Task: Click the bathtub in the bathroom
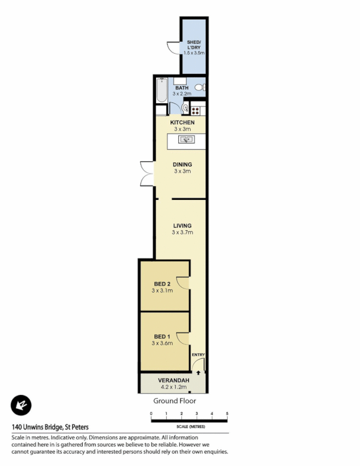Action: click(x=161, y=91)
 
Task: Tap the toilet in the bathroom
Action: click(x=199, y=87)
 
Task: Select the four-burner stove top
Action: click(x=196, y=109)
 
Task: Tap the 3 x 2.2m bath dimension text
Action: click(x=182, y=94)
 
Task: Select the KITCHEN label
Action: click(x=182, y=122)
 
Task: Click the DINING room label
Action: click(x=182, y=165)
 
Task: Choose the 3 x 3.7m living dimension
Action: click(x=182, y=232)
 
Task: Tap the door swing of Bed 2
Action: click(x=184, y=284)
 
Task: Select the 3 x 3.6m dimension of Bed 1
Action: click(x=163, y=343)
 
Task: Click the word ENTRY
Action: click(x=198, y=355)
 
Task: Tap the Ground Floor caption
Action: click(x=174, y=401)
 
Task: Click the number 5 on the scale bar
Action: click(x=227, y=413)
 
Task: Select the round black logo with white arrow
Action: click(x=21, y=405)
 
